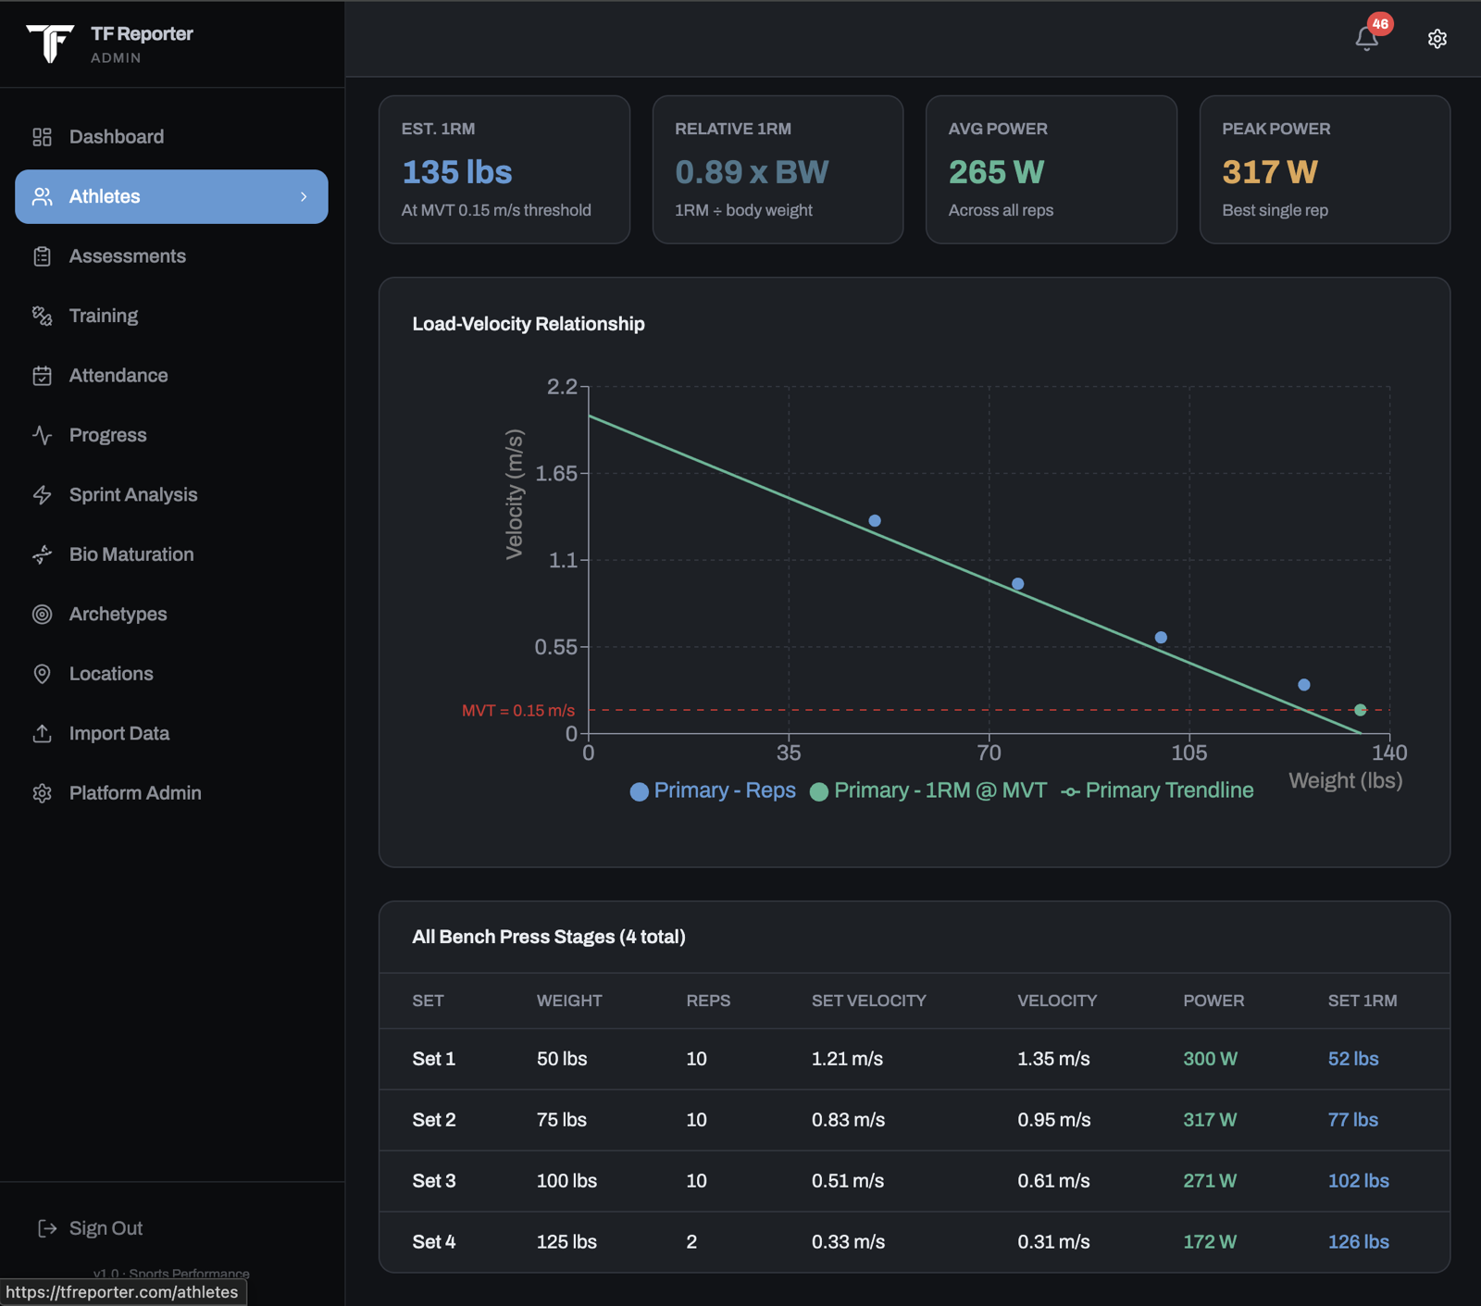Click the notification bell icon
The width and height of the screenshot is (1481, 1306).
point(1366,39)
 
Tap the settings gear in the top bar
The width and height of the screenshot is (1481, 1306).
point(1437,39)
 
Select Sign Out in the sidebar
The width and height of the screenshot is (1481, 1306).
point(91,1228)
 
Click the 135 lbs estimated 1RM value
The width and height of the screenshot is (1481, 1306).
point(456,172)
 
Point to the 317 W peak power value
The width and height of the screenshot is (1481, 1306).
point(1269,172)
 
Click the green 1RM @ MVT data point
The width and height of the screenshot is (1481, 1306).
point(1360,710)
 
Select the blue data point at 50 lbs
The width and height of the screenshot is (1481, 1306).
point(875,521)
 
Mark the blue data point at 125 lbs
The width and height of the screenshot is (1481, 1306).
point(1303,685)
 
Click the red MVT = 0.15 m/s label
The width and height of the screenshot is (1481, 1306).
point(518,711)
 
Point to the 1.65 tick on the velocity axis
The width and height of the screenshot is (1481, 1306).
point(555,474)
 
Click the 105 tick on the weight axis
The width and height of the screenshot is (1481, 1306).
point(1189,753)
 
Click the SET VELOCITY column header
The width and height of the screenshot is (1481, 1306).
point(868,1001)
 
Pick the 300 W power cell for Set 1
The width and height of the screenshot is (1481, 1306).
point(1210,1059)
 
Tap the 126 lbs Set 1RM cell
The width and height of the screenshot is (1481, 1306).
point(1358,1242)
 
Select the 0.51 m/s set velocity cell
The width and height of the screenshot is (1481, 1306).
point(847,1181)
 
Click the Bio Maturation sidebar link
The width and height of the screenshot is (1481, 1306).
point(131,554)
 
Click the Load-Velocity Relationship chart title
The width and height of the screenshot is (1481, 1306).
point(529,324)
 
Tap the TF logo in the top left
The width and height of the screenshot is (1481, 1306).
point(50,44)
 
